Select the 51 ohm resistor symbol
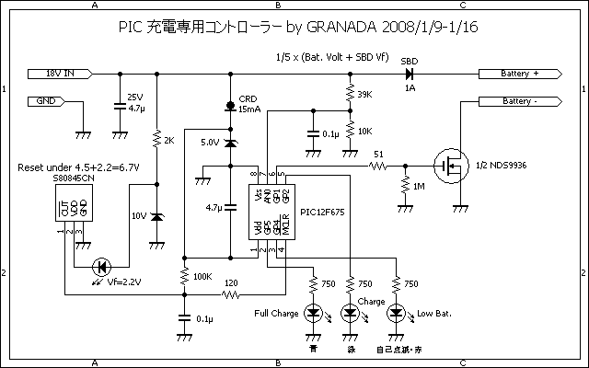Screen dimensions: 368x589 (378, 167)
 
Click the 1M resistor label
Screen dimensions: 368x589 (420, 187)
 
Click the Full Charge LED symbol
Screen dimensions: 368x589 (312, 314)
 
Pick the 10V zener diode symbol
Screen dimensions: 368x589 (156, 217)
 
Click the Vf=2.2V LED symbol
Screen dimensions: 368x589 (102, 267)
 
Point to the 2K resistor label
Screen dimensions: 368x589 (168, 140)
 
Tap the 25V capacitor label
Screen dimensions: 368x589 (134, 97)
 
